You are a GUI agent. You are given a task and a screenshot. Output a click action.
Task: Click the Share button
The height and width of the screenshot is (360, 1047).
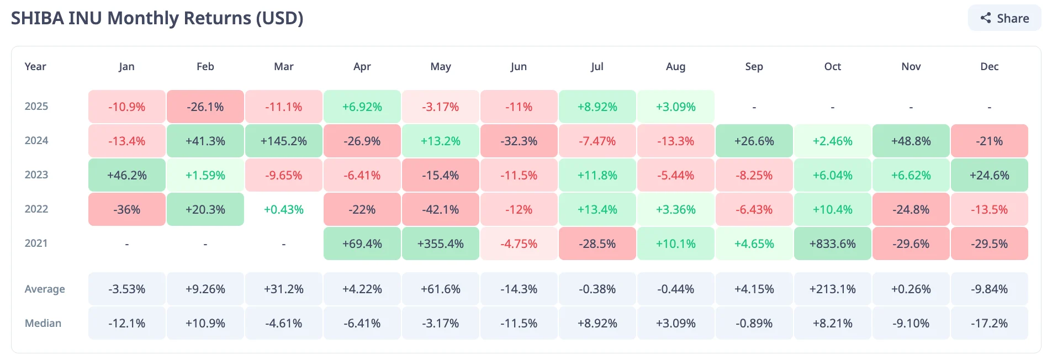pos(1004,18)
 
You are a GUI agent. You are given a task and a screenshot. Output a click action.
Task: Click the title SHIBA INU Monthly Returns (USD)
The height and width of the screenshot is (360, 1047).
pos(157,18)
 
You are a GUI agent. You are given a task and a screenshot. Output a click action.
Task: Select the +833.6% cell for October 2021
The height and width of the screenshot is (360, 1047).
pos(832,243)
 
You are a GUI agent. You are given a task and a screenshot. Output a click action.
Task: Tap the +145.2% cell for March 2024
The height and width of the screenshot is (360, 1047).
pos(283,141)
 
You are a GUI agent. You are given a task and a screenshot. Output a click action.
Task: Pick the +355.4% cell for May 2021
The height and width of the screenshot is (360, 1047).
pos(440,243)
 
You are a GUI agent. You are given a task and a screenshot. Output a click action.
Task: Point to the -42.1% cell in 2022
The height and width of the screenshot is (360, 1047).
pos(440,209)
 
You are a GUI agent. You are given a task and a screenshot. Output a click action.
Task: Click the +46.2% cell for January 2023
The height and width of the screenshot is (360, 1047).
pos(126,175)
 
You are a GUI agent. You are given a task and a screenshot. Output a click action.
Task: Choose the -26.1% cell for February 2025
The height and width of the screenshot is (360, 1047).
pos(205,107)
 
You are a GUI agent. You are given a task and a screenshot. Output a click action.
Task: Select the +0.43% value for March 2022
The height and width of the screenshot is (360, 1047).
pos(283,209)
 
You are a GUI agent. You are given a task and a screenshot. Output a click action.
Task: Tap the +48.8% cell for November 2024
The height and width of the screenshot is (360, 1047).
pos(911,141)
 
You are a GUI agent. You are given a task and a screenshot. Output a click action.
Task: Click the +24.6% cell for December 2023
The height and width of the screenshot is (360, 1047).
pos(989,175)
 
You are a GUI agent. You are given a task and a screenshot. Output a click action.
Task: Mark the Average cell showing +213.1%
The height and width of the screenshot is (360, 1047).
pos(832,289)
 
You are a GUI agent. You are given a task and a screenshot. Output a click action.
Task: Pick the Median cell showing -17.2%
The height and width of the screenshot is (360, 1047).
pos(989,323)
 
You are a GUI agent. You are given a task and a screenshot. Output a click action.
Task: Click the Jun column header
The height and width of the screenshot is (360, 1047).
pos(519,67)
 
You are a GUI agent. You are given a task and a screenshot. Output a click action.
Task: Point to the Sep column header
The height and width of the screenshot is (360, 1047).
pos(754,67)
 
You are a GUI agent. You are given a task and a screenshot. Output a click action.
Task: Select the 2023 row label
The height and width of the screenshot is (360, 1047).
pos(36,175)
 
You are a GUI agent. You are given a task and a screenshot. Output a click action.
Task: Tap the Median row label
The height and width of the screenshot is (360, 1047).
pos(43,323)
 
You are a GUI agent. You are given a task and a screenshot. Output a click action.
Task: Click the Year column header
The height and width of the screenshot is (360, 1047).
pos(35,67)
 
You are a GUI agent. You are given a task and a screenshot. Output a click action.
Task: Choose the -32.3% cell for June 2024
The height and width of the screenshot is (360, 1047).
pos(519,141)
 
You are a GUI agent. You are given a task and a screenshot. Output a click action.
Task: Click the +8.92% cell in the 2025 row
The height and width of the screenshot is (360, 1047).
pos(597,107)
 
